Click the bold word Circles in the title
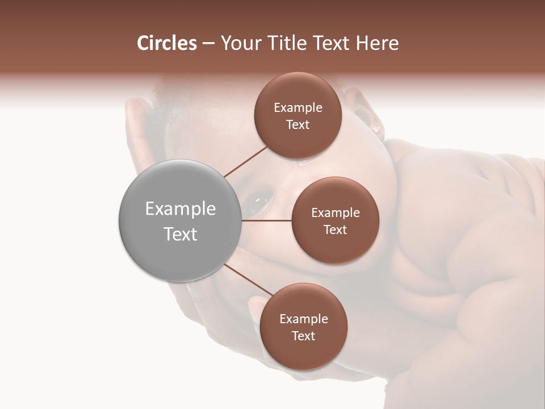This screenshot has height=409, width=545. tap(166, 43)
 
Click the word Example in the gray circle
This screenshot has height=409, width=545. tap(181, 209)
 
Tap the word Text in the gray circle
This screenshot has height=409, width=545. tap(181, 234)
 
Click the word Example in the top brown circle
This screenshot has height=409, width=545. tap(298, 108)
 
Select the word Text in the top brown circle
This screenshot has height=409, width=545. tap(297, 125)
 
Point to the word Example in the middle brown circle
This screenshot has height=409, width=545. tap(336, 213)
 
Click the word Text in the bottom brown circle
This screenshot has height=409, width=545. tap(303, 336)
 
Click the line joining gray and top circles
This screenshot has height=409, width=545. tap(245, 161)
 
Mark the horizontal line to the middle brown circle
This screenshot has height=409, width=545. tap(267, 220)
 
